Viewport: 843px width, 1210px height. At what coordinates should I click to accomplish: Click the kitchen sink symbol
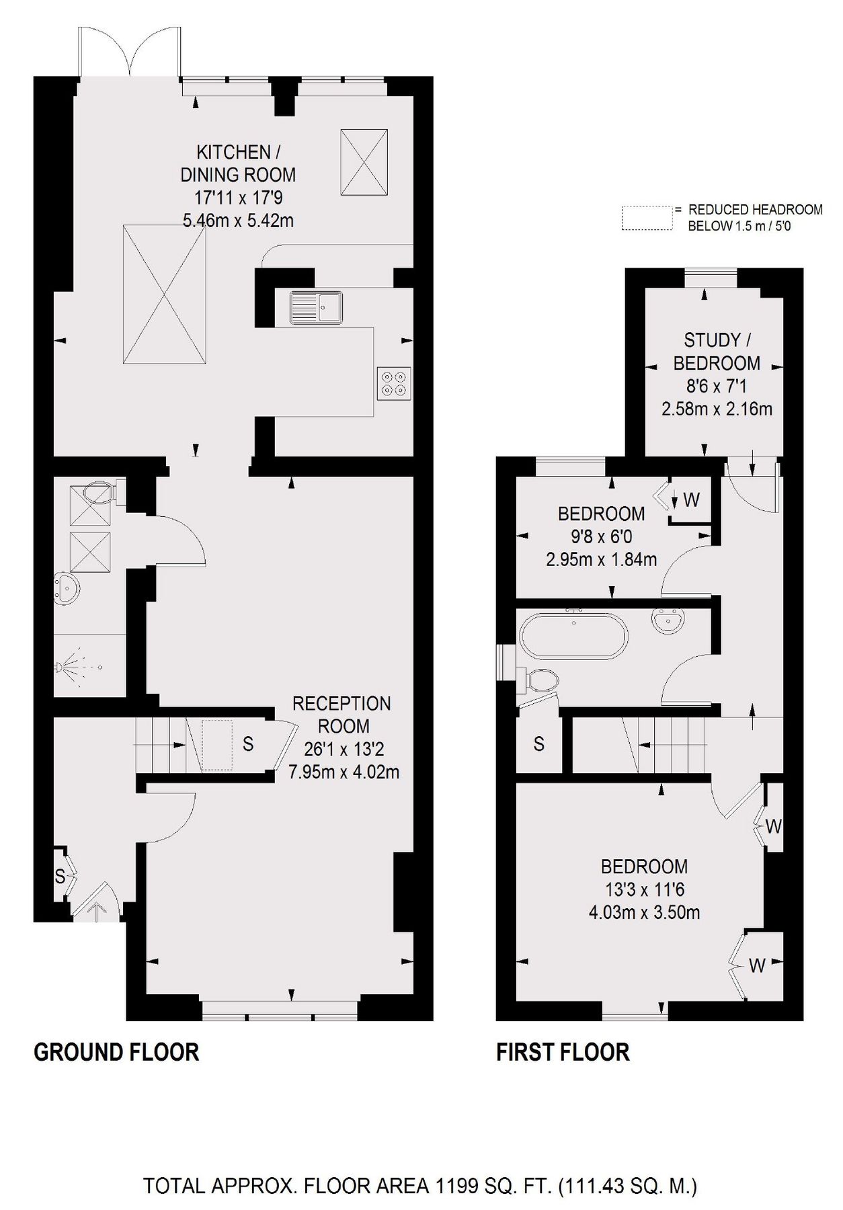point(316,309)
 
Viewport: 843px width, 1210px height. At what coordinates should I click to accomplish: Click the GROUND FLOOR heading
point(116,1052)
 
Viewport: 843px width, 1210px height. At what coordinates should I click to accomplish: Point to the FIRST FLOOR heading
point(563,1052)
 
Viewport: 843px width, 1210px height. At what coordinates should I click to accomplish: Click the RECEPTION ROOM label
point(342,715)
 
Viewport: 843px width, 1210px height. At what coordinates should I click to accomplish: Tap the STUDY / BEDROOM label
point(717,352)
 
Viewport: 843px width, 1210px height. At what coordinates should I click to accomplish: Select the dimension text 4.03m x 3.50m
point(644,912)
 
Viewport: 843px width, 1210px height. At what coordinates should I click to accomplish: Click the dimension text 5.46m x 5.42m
point(238,220)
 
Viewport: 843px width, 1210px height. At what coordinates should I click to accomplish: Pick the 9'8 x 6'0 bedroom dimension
point(601,536)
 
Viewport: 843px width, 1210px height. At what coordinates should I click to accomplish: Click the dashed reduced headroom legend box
point(647,218)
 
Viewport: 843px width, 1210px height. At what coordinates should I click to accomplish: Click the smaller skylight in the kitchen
point(364,162)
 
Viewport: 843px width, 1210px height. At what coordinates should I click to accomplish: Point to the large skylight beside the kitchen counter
point(164,294)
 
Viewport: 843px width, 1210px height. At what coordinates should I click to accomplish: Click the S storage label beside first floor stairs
point(538,743)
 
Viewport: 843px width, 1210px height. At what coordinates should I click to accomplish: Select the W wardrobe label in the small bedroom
point(691,499)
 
